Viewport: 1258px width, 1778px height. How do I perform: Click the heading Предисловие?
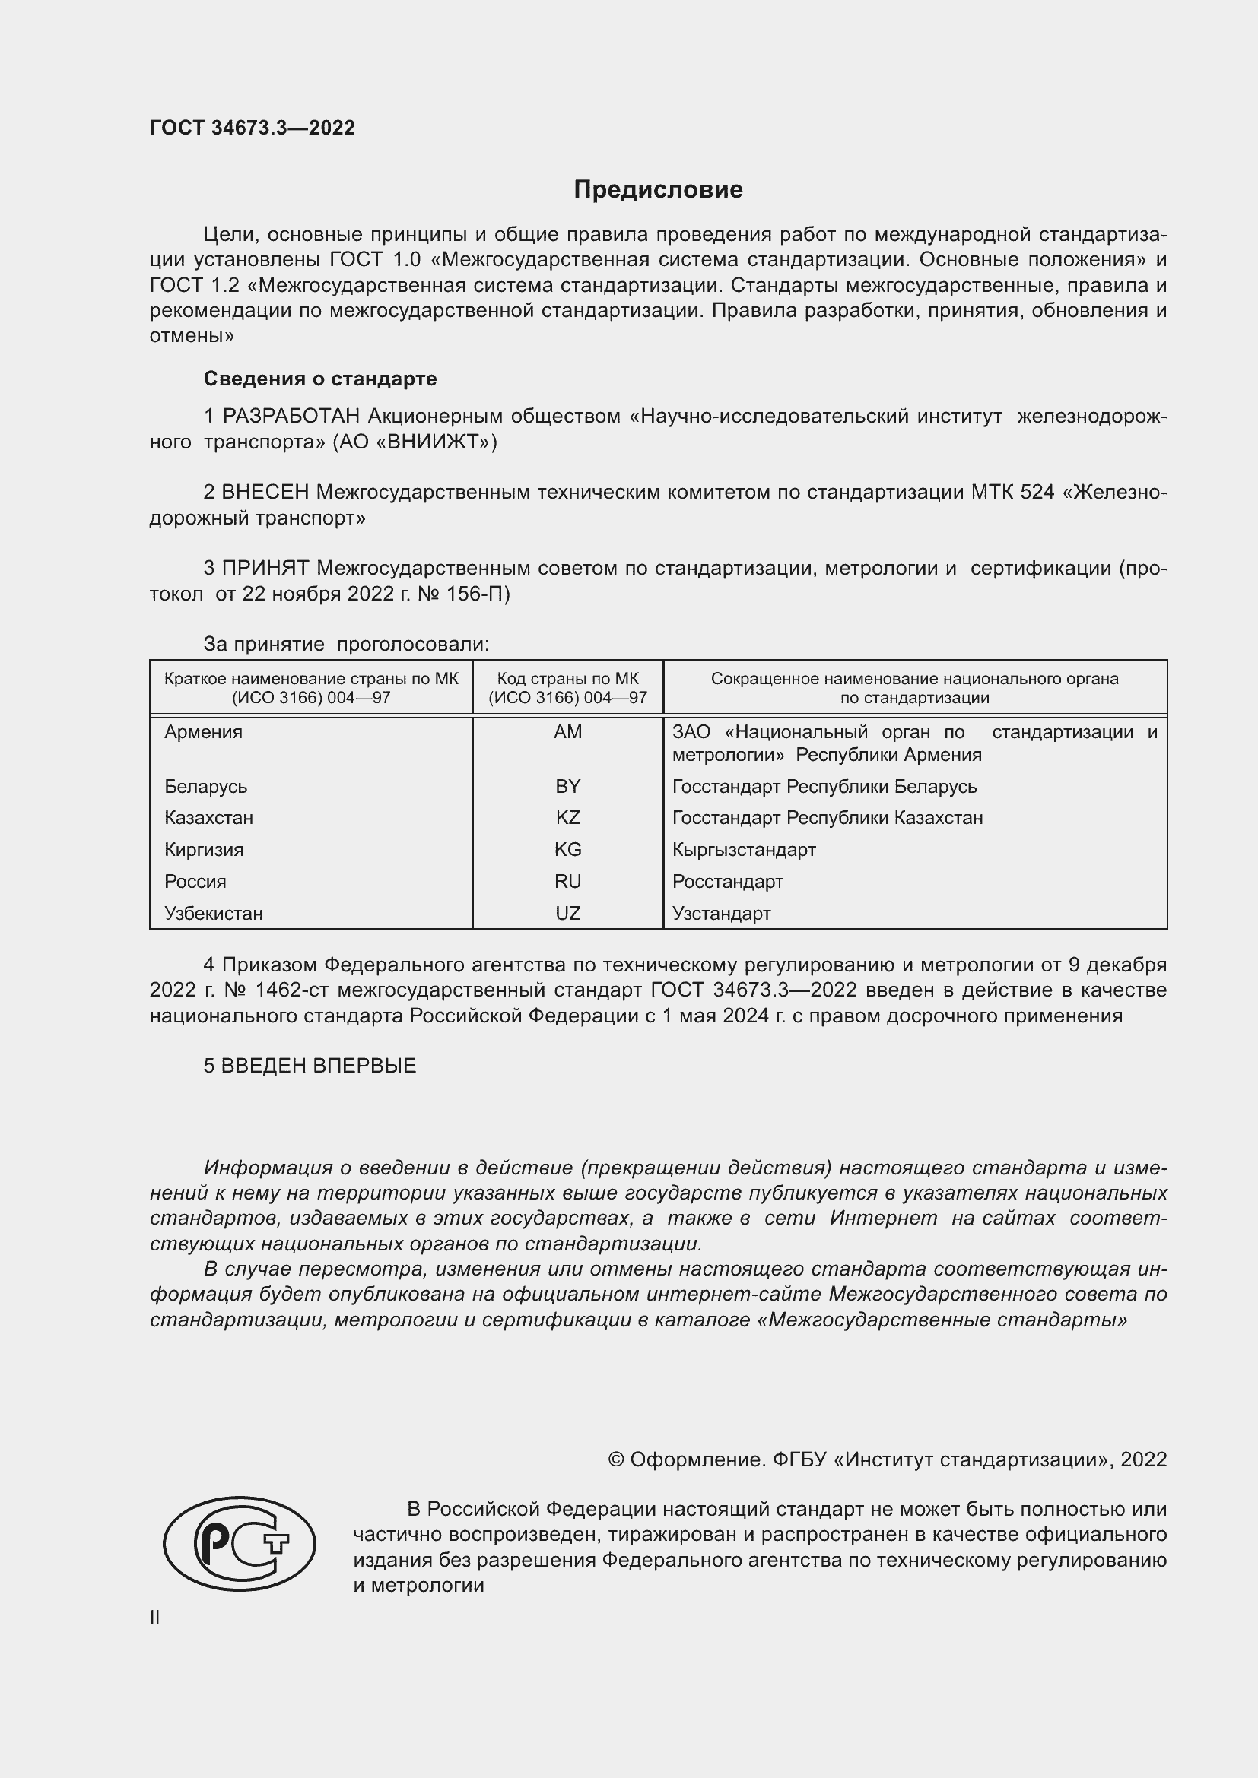(x=658, y=190)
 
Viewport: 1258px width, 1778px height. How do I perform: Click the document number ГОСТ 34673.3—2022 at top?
(x=253, y=128)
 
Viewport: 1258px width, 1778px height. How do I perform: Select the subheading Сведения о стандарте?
(x=320, y=379)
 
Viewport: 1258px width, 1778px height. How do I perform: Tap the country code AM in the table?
(x=568, y=732)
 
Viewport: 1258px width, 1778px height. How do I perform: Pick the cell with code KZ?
(x=568, y=818)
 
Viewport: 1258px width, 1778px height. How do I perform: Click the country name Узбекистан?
(x=213, y=914)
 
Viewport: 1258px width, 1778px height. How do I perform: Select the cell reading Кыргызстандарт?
(x=744, y=850)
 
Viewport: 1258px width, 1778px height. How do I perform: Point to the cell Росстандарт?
(x=727, y=881)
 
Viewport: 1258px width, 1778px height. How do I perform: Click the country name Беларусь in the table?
(x=205, y=787)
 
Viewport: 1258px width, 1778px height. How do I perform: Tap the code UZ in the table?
(x=568, y=914)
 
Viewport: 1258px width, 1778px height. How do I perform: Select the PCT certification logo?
(x=240, y=1543)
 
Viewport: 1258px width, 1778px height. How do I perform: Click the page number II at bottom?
(x=155, y=1617)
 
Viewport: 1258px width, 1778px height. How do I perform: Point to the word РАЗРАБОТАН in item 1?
(x=291, y=417)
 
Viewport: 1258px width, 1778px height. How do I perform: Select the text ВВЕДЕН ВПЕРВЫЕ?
(x=319, y=1066)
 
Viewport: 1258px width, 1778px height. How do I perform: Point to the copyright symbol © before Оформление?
(x=616, y=1459)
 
